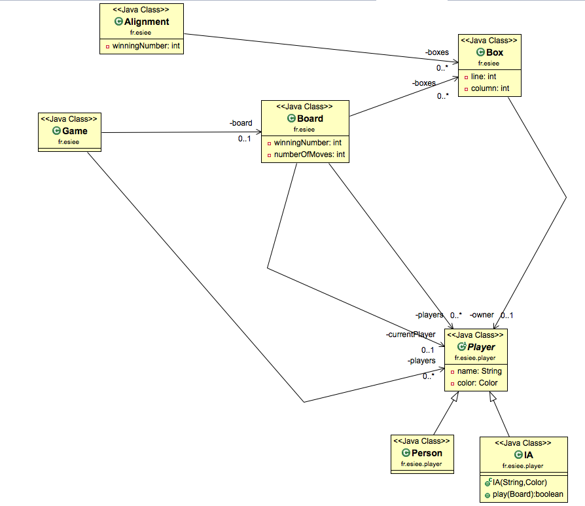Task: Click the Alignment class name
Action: [147, 22]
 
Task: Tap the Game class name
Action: [74, 131]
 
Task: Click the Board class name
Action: [310, 118]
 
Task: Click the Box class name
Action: [495, 52]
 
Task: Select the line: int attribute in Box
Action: [484, 77]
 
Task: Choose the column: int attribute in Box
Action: [490, 88]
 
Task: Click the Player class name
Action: [480, 347]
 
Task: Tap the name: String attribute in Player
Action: [477, 371]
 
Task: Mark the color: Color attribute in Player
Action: [477, 383]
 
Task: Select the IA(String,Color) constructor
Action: [523, 482]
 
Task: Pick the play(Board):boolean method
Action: [526, 495]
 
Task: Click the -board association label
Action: [241, 123]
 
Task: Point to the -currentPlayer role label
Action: [410, 334]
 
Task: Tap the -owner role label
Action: [482, 315]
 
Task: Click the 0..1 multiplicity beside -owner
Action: [506, 316]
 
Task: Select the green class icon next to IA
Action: [519, 455]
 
